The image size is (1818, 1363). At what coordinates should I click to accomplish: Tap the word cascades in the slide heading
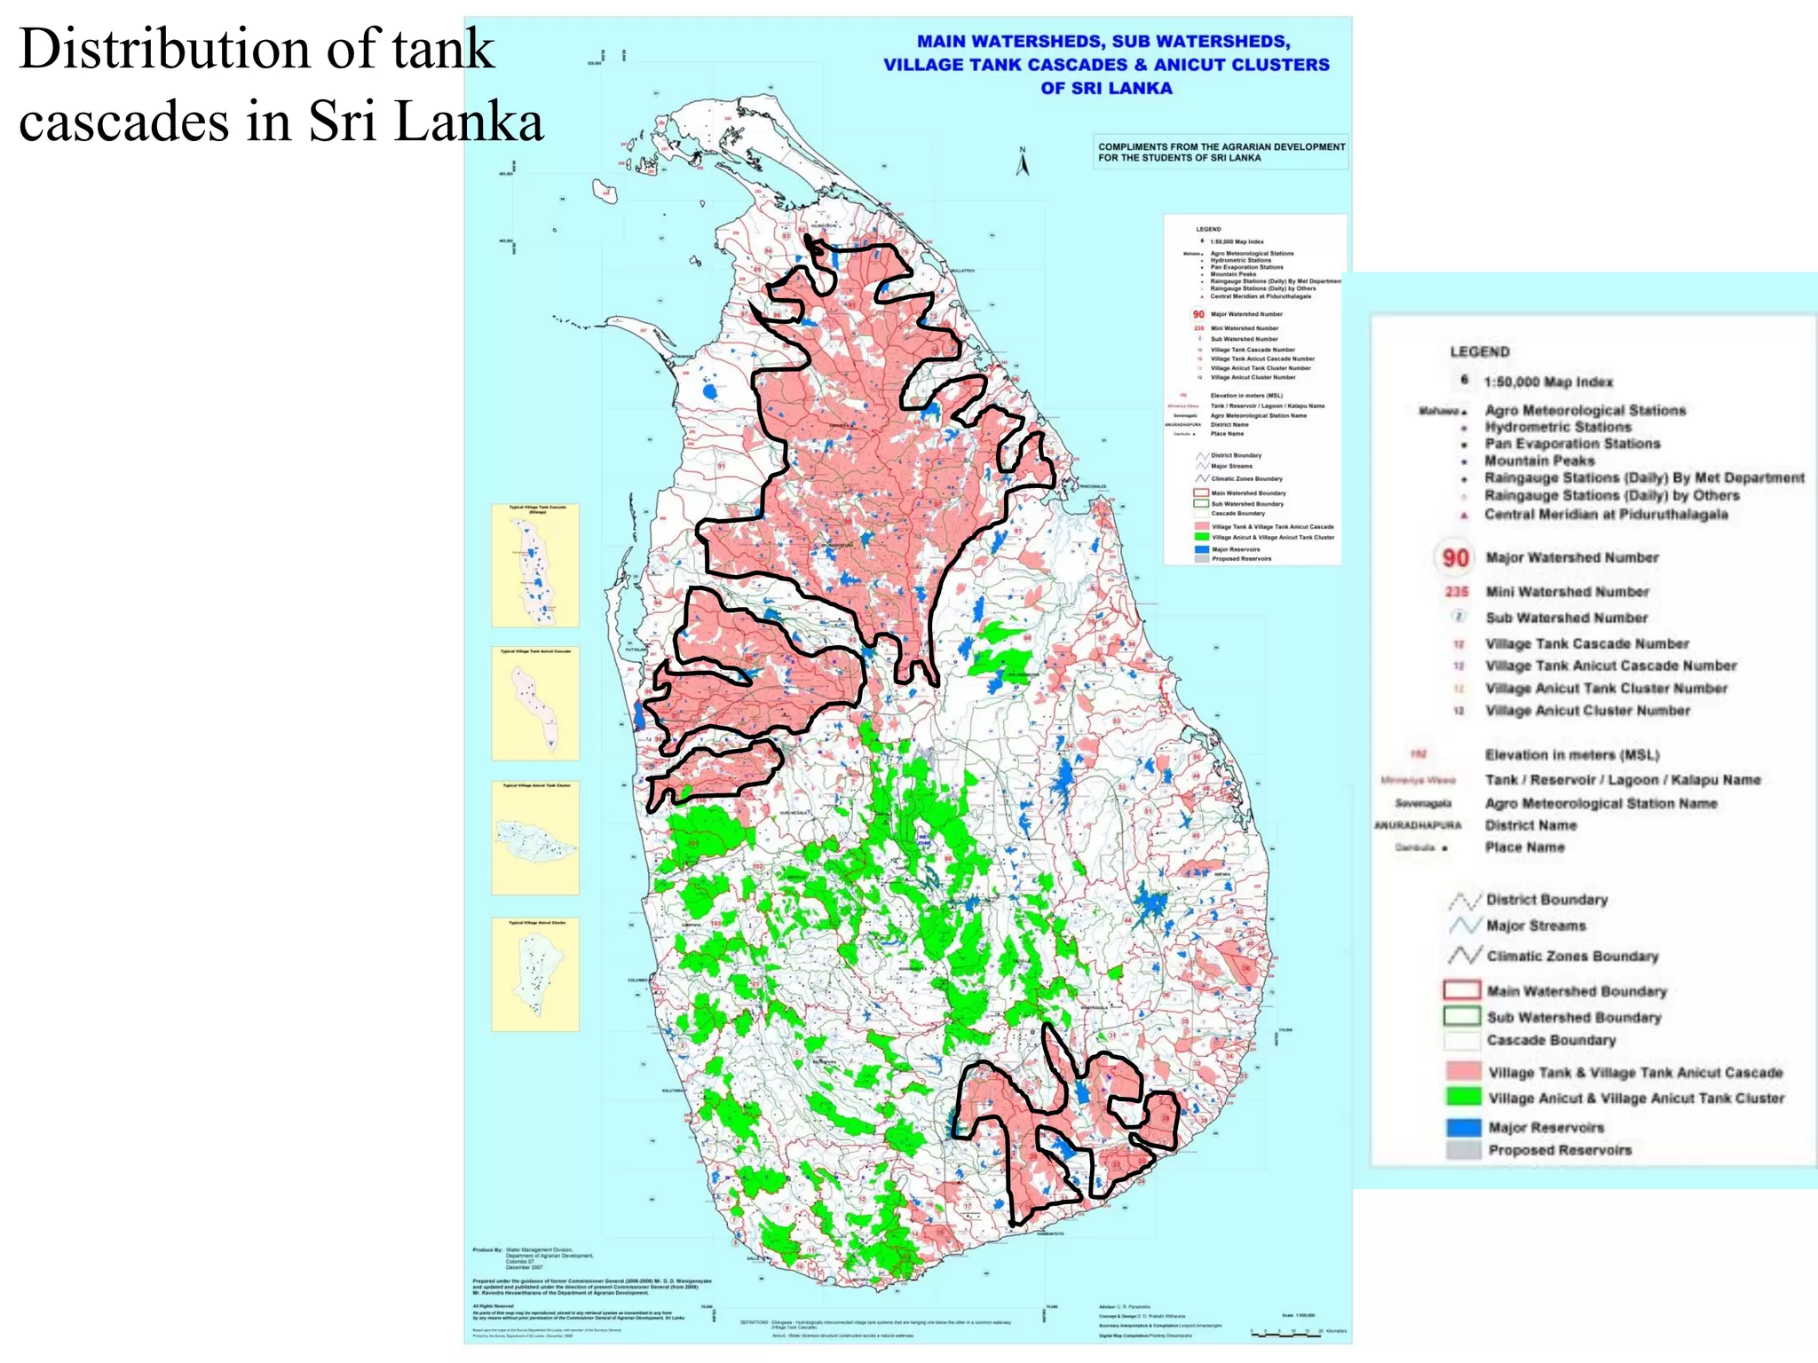[x=123, y=122]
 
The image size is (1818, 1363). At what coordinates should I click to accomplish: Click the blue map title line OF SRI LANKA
[x=1106, y=88]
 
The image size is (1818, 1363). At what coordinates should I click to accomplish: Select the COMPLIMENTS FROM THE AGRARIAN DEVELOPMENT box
[x=1221, y=152]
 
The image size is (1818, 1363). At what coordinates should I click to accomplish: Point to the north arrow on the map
[x=1023, y=162]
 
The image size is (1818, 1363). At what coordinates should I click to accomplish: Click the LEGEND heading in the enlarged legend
[x=1480, y=352]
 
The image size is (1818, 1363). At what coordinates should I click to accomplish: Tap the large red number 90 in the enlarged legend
[x=1455, y=558]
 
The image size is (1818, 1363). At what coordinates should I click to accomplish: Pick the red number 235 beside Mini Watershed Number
[x=1457, y=592]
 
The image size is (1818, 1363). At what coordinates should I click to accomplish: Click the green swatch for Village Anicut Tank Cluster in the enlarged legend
[x=1463, y=1097]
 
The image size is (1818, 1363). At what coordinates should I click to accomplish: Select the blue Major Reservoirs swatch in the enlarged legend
[x=1463, y=1127]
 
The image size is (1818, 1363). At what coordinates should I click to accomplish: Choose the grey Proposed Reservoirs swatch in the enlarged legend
[x=1463, y=1150]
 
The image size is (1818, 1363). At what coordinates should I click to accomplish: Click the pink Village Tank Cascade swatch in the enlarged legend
[x=1463, y=1071]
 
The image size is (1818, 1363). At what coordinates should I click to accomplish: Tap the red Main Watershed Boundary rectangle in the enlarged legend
[x=1462, y=990]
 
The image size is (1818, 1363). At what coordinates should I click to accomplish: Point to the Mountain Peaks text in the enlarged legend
[x=1539, y=461]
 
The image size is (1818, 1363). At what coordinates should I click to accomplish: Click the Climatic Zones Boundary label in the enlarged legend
[x=1572, y=956]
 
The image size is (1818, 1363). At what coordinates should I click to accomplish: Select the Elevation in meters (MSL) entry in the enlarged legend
[x=1572, y=755]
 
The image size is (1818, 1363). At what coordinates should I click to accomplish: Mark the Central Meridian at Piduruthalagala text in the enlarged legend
[x=1606, y=514]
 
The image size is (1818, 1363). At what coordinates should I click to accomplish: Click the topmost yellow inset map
[x=535, y=565]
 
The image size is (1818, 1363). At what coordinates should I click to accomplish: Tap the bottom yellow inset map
[x=535, y=974]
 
